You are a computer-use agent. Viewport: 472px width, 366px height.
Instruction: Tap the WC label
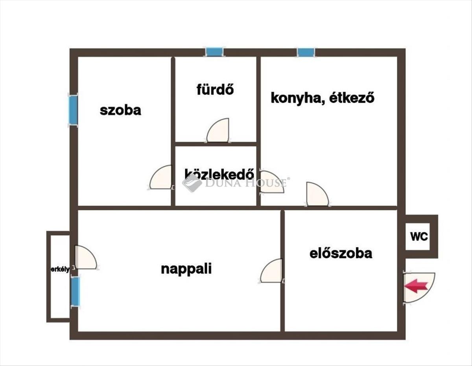tap(419, 236)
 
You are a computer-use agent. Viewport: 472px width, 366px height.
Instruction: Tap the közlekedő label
tap(219, 174)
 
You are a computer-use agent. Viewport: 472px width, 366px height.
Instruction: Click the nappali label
tap(186, 269)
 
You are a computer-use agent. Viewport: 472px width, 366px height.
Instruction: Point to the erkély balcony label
tap(60, 269)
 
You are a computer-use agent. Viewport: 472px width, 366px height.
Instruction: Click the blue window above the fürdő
tap(215, 52)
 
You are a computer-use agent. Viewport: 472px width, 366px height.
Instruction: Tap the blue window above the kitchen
tap(306, 52)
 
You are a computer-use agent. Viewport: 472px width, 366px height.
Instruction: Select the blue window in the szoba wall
tap(73, 110)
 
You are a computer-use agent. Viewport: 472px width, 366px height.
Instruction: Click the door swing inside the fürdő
tap(218, 130)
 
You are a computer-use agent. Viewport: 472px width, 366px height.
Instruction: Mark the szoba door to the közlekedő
tap(161, 178)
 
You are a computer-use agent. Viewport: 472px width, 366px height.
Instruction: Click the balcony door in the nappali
tap(85, 257)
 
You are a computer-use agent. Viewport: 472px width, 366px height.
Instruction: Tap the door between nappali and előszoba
tap(271, 271)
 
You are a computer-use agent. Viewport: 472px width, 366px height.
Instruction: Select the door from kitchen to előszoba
tap(317, 194)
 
